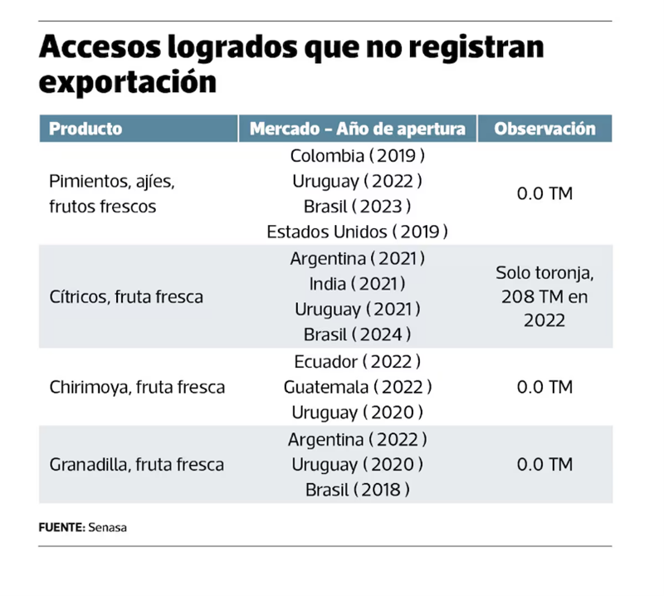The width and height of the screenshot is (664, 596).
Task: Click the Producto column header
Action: (85, 129)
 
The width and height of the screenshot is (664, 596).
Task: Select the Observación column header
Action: (544, 129)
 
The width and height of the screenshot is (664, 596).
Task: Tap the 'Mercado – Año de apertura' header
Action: (358, 129)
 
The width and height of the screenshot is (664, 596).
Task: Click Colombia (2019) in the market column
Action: (358, 155)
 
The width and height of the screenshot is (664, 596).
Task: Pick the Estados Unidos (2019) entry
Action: (358, 232)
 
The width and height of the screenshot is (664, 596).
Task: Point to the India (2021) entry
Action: (358, 284)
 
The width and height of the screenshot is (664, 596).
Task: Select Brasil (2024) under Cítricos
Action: (358, 335)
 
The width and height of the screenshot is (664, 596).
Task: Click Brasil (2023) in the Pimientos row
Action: (358, 206)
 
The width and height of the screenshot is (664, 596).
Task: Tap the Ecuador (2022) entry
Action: (358, 362)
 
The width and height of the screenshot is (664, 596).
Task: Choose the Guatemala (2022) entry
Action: (358, 387)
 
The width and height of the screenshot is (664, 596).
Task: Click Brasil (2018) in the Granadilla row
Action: (358, 490)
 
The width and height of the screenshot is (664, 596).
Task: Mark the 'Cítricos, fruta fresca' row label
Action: (126, 296)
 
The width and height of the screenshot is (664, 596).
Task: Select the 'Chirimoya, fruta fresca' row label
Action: (137, 388)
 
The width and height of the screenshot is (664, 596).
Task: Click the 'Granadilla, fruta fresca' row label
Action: (137, 465)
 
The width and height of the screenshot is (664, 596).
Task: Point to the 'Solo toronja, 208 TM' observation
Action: (544, 296)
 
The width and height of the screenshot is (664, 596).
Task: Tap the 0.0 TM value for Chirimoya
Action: (544, 388)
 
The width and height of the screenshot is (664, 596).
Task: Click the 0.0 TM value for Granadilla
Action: (544, 465)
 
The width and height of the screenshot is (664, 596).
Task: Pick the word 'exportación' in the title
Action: (128, 83)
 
